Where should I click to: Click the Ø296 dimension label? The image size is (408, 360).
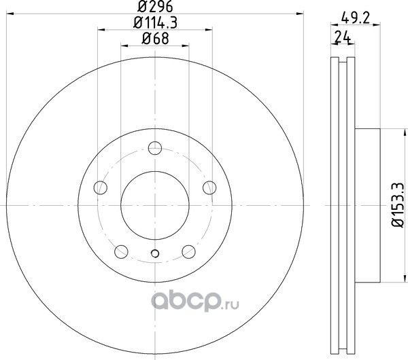[x=155, y=6]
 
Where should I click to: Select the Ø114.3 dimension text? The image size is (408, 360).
[x=155, y=22]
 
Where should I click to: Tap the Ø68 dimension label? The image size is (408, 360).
[x=155, y=39]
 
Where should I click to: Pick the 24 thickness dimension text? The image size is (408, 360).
[x=343, y=37]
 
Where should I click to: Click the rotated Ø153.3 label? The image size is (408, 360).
[x=398, y=205]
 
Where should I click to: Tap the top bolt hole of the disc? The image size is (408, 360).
[x=155, y=148]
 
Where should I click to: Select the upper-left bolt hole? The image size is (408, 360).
[x=101, y=187]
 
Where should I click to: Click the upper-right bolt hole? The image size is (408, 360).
[x=209, y=187]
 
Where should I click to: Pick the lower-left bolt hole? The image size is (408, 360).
[x=121, y=251]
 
